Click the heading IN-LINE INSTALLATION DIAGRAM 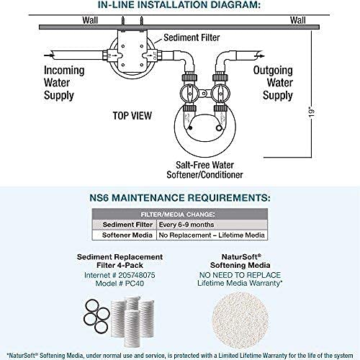click(179, 5)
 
